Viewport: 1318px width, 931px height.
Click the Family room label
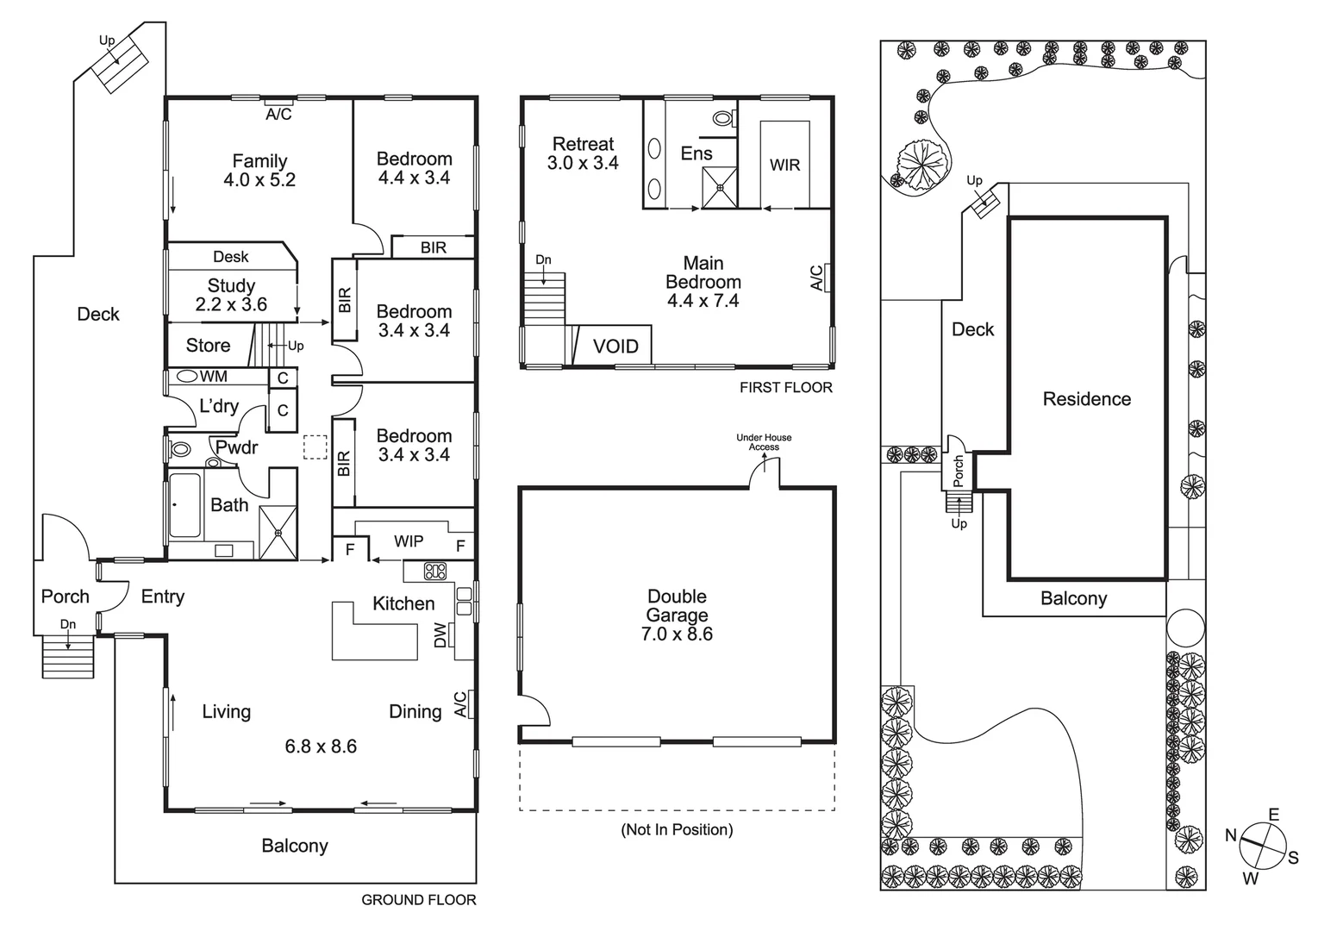point(259,161)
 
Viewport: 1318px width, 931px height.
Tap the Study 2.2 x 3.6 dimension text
point(231,304)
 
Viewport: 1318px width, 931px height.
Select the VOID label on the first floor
point(615,347)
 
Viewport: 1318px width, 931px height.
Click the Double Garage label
point(677,605)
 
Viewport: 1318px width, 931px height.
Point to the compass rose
point(1263,846)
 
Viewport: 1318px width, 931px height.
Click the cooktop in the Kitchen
point(435,571)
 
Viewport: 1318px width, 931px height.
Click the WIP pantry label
point(409,541)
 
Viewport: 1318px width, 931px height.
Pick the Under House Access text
point(764,442)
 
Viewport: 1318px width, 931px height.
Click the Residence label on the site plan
point(1086,399)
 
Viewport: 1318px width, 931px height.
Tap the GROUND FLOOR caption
point(418,900)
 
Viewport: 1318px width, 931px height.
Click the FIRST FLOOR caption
point(785,388)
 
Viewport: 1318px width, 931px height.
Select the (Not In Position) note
point(677,829)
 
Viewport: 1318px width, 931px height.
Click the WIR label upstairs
point(784,165)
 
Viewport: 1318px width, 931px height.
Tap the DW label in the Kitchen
point(440,636)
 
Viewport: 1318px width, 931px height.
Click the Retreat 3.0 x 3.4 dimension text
point(583,163)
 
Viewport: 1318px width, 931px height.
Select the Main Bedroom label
point(703,272)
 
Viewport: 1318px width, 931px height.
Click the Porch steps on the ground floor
point(67,658)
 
